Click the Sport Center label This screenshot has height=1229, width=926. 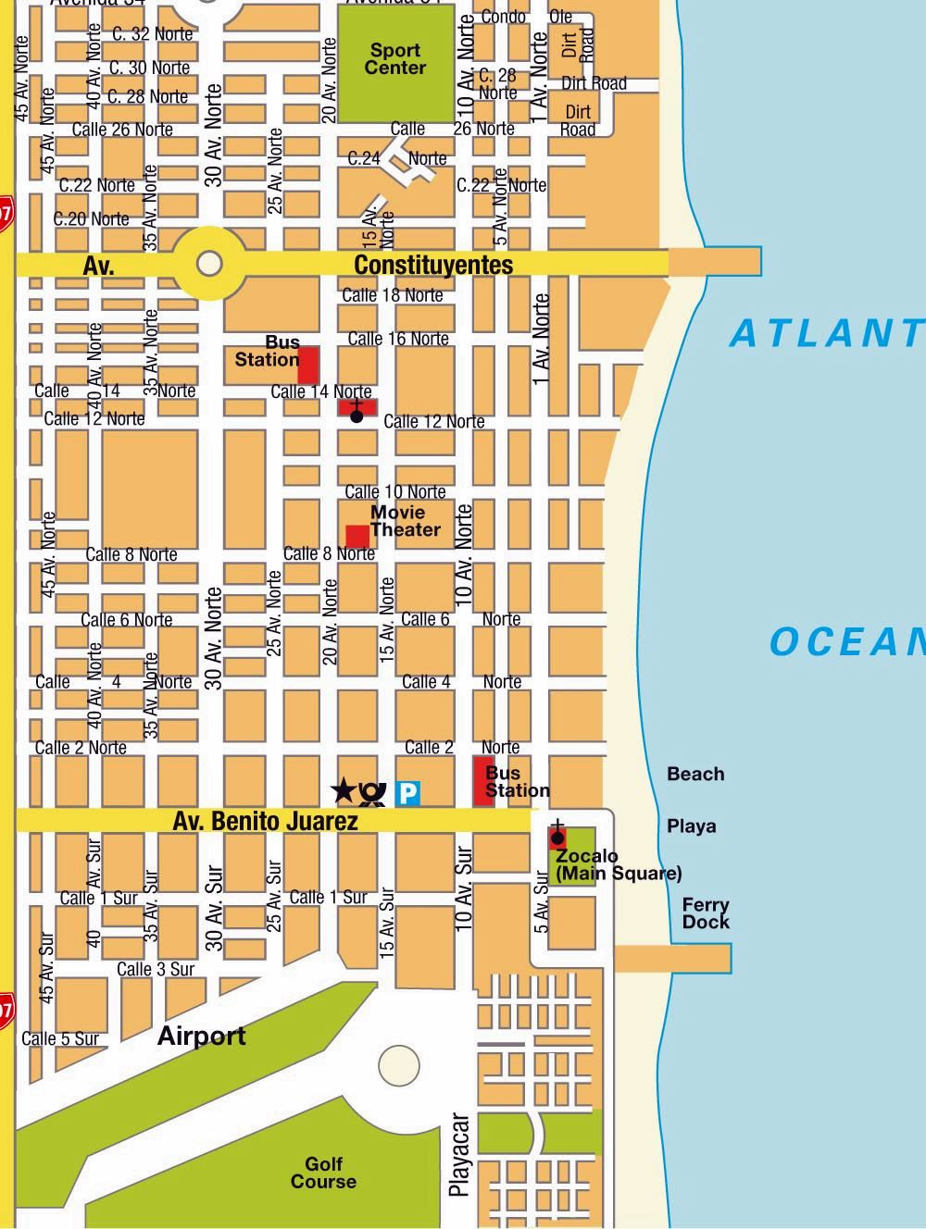click(395, 59)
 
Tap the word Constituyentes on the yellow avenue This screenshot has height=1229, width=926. click(433, 266)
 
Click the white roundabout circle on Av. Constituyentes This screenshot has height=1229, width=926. click(210, 264)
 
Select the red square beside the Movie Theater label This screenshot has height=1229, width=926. click(357, 537)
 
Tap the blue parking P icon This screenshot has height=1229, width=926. click(407, 792)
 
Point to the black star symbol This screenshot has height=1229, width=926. click(343, 790)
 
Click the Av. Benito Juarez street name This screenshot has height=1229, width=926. click(265, 821)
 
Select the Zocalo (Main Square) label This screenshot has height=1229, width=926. click(618, 865)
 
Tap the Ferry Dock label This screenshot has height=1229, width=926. click(706, 913)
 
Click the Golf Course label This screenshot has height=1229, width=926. click(323, 1173)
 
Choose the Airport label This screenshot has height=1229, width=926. click(201, 1036)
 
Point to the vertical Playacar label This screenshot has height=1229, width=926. click(459, 1155)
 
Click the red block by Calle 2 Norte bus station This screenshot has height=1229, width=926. click(482, 780)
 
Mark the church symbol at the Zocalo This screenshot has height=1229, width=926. click(557, 836)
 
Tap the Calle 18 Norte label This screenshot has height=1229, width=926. click(393, 295)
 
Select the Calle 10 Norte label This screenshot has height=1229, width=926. click(395, 491)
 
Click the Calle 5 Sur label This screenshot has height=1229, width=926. click(60, 1038)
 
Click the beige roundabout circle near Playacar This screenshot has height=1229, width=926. click(399, 1065)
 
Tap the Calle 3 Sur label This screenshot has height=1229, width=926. click(156, 969)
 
